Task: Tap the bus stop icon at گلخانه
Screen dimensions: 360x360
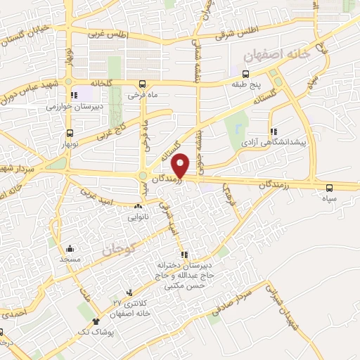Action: coord(143,82)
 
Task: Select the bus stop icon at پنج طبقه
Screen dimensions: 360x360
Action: coord(245,74)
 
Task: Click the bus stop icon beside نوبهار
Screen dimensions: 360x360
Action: coord(69,132)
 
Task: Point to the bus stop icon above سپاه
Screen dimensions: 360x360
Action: coord(329,187)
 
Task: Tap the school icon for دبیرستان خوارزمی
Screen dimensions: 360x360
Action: coord(72,96)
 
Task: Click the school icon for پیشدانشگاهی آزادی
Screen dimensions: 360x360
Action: coord(272,131)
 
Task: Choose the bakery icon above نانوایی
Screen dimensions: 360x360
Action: coord(137,206)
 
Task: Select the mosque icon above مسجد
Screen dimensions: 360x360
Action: coord(70,248)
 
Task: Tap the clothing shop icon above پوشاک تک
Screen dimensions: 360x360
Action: coord(96,321)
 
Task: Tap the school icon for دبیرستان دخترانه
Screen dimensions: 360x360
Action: coord(184,255)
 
